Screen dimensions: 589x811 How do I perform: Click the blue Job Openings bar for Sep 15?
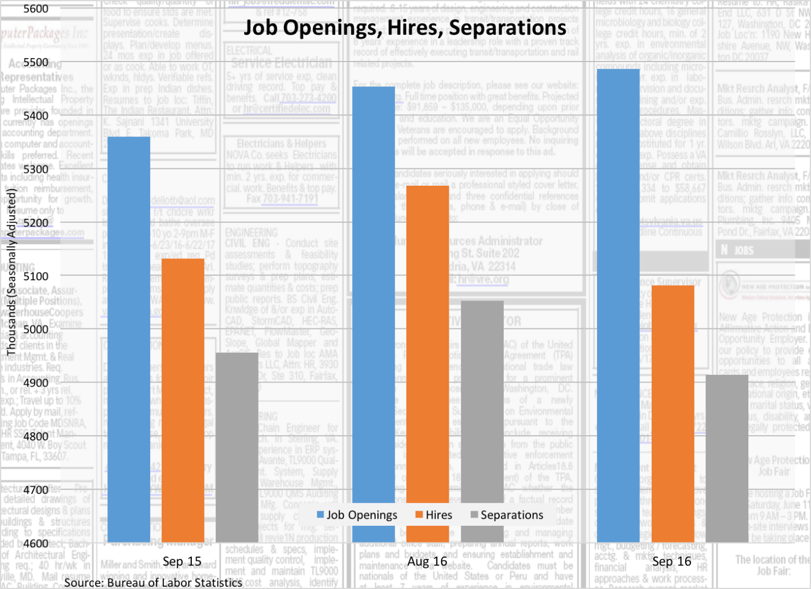pos(129,339)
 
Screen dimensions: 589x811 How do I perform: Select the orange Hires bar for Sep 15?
pos(183,400)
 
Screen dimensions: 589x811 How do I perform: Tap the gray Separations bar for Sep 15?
pos(237,447)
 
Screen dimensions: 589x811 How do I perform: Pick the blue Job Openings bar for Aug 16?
pos(373,313)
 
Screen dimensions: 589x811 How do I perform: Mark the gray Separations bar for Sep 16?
pos(726,458)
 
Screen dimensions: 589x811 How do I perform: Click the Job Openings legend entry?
pos(357,515)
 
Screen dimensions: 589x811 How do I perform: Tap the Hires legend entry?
pos(434,515)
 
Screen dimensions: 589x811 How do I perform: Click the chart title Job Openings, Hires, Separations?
pos(405,27)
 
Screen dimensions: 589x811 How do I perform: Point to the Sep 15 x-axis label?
pos(182,561)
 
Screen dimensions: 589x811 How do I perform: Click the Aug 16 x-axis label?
pos(427,561)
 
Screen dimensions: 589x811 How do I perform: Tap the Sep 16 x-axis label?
pos(672,561)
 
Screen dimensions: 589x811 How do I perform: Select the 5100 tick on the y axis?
pos(36,276)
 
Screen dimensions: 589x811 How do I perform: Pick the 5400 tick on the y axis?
pos(36,115)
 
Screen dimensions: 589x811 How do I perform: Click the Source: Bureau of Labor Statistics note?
pos(153,582)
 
